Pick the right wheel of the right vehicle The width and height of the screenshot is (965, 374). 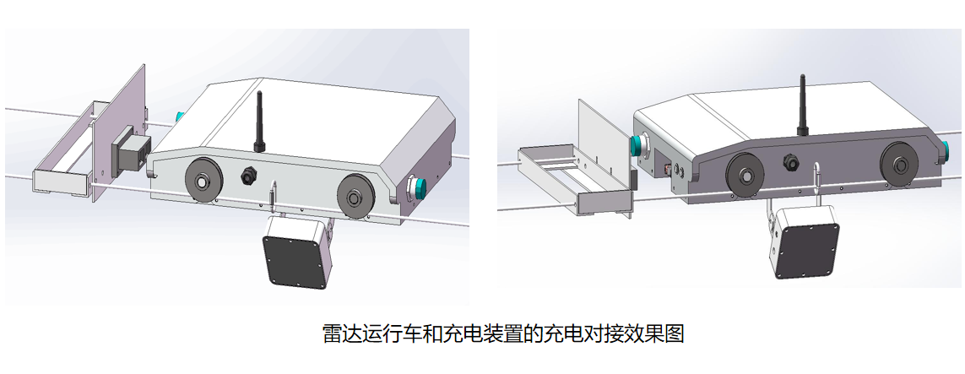(900, 165)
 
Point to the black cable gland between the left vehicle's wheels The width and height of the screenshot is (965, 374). (250, 175)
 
